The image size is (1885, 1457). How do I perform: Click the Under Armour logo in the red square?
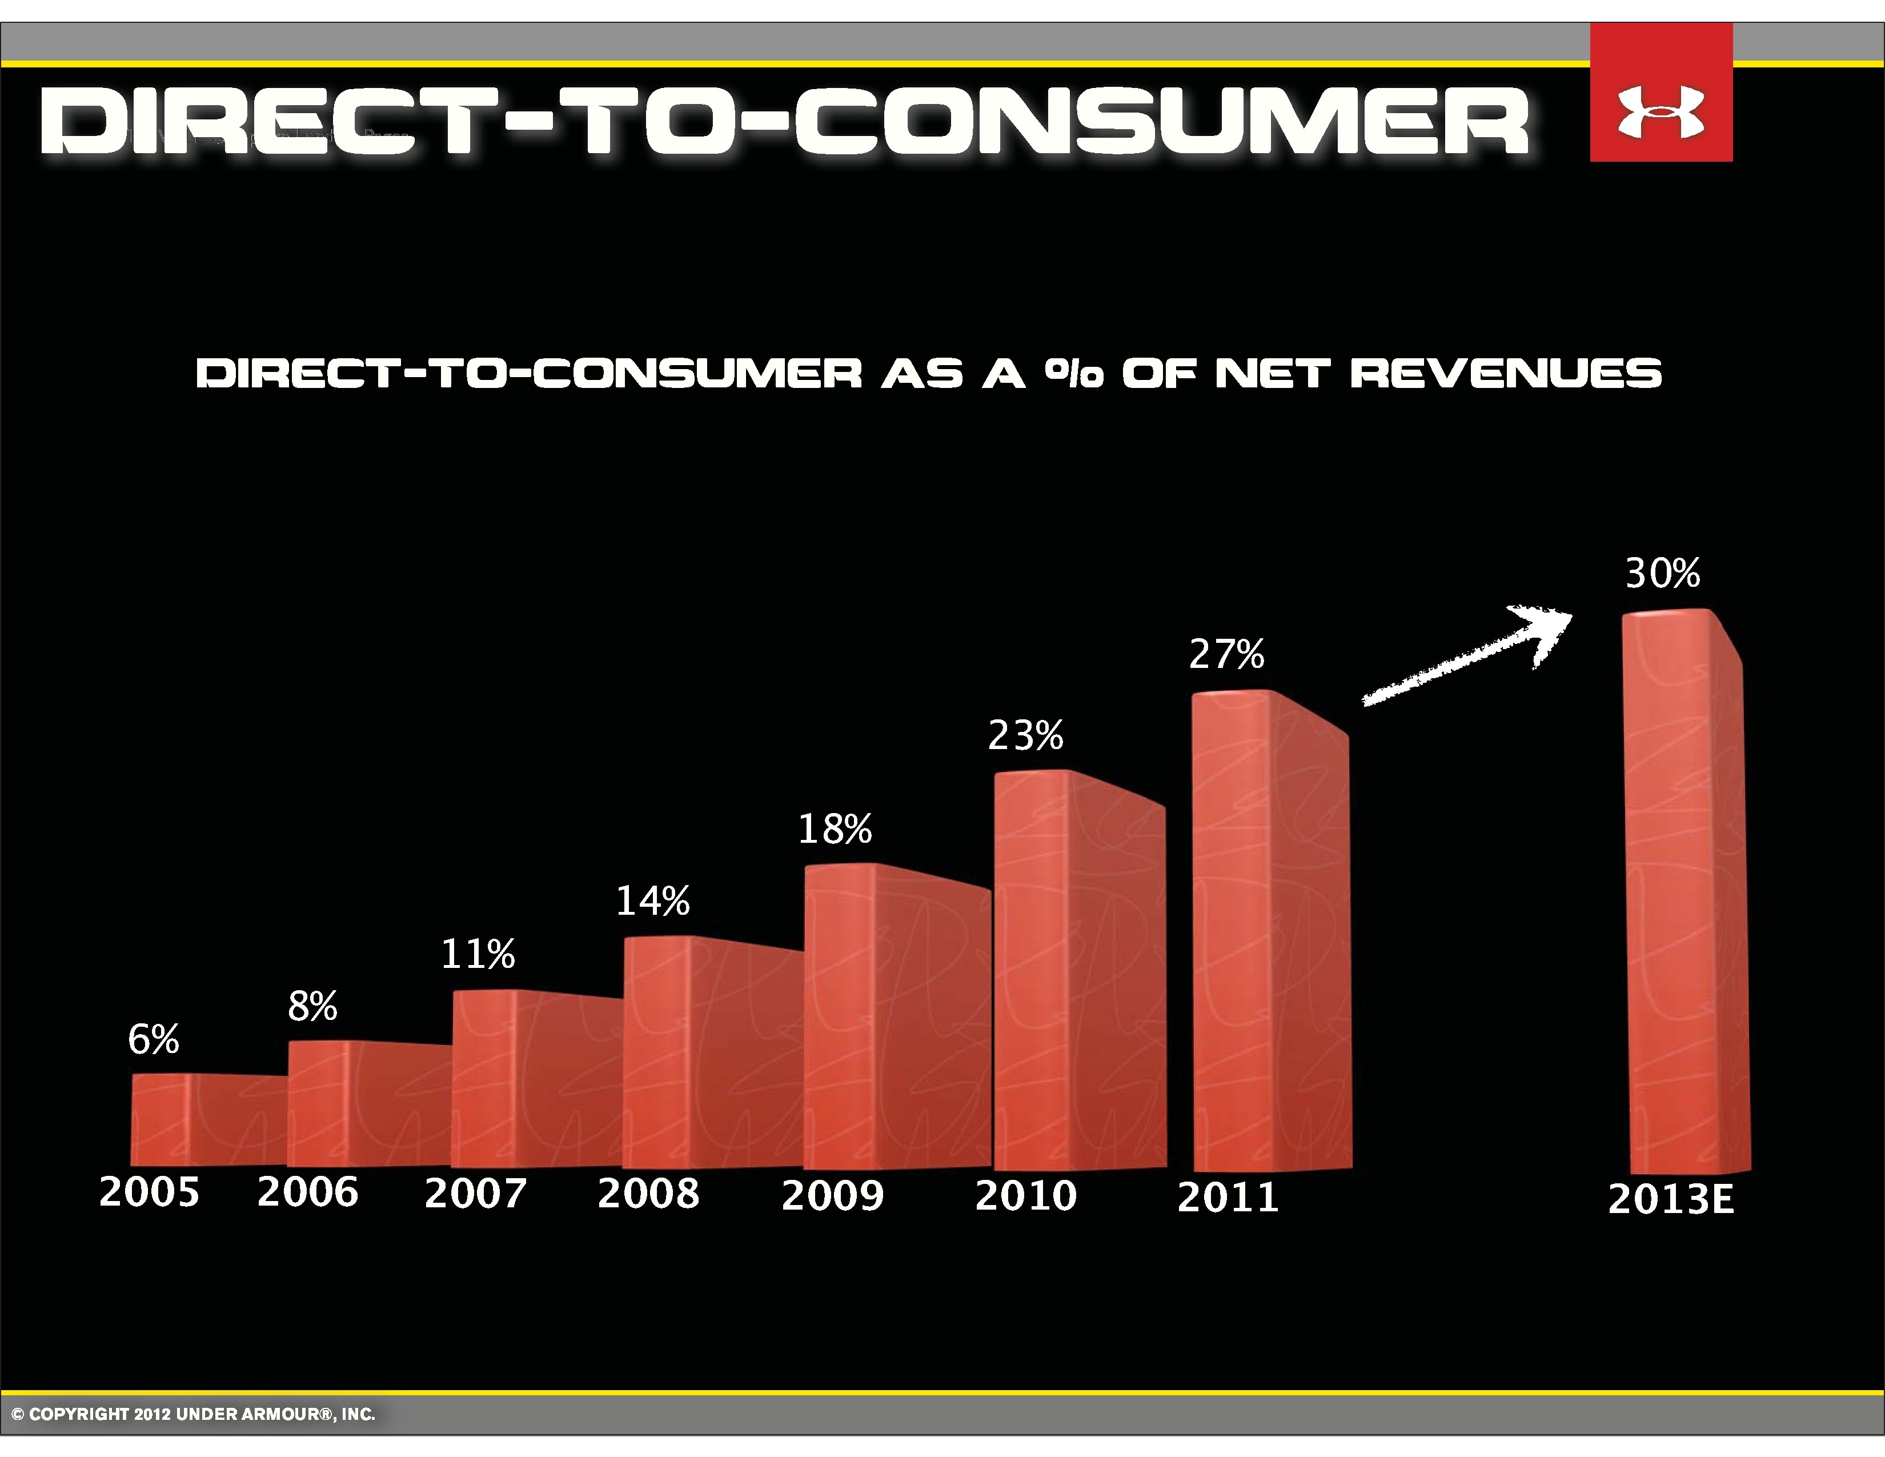[x=1661, y=112]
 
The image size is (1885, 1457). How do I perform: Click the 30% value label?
[x=1662, y=573]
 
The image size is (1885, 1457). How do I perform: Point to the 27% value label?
[x=1226, y=654]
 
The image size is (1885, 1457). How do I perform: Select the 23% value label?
[x=1025, y=735]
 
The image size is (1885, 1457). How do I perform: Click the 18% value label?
[x=835, y=828]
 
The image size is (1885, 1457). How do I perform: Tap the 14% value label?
[x=652, y=901]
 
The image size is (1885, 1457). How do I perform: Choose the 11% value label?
[x=478, y=954]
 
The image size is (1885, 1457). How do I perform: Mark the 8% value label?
[x=312, y=1006]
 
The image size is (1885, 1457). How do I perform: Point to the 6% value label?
[x=154, y=1039]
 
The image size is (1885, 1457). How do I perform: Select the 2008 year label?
[x=648, y=1194]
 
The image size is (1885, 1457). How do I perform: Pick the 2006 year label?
[x=307, y=1192]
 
